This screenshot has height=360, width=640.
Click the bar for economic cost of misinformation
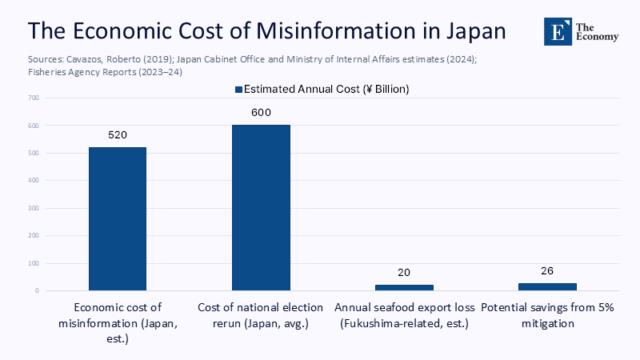[x=118, y=218]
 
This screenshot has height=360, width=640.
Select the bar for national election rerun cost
[x=261, y=207]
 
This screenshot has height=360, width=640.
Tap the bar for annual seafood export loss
[x=404, y=286]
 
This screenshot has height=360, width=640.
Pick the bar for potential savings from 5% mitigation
[x=547, y=286]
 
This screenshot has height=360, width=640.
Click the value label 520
[x=118, y=135]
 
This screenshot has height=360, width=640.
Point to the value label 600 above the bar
[x=261, y=113]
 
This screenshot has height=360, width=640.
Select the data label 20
[x=404, y=273]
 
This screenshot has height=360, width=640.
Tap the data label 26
[x=547, y=271]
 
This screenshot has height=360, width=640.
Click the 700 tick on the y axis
[x=33, y=98]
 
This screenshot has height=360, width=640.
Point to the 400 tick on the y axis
[x=33, y=181]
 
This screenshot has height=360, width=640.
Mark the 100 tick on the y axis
[x=33, y=263]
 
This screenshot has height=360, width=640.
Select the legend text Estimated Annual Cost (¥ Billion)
[x=326, y=90]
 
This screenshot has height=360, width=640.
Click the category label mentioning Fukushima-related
[x=404, y=323]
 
